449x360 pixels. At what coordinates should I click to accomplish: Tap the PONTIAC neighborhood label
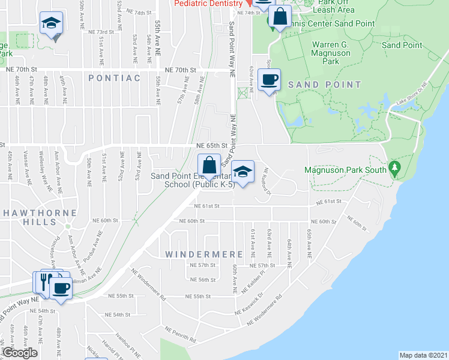tap(114, 78)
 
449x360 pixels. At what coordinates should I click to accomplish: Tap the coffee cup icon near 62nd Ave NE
tap(269, 79)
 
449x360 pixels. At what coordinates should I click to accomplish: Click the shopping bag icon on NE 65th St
tap(208, 165)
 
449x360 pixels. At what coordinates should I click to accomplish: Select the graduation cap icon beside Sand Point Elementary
tap(243, 172)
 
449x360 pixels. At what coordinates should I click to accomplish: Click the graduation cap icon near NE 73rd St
tap(52, 23)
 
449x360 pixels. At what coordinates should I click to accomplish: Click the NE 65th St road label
tap(211, 145)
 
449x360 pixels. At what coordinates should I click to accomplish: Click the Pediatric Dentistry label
tap(208, 4)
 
